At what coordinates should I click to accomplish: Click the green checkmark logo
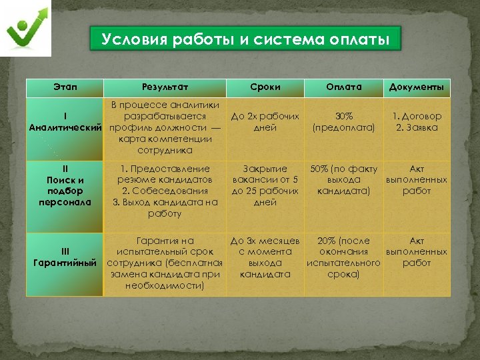click(29, 29)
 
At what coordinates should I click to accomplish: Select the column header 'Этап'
click(65, 87)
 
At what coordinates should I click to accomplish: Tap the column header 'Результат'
click(165, 87)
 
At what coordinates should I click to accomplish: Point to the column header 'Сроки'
click(265, 87)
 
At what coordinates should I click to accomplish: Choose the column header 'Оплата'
click(343, 87)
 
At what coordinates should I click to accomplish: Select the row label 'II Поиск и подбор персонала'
click(65, 185)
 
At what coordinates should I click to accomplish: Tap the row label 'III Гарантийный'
click(65, 257)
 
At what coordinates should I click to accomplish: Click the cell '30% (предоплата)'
click(344, 122)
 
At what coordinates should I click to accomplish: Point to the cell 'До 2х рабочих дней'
click(265, 122)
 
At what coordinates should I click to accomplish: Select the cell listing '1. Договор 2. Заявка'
click(417, 122)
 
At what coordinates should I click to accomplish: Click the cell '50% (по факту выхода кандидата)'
click(344, 180)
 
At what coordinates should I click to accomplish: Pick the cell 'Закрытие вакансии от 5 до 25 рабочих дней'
click(265, 185)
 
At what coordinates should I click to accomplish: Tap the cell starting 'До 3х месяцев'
click(265, 257)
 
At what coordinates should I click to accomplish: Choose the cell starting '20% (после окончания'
click(344, 257)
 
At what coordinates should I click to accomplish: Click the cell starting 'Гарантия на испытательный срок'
click(165, 263)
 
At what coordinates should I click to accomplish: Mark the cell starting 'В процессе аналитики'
click(165, 127)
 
